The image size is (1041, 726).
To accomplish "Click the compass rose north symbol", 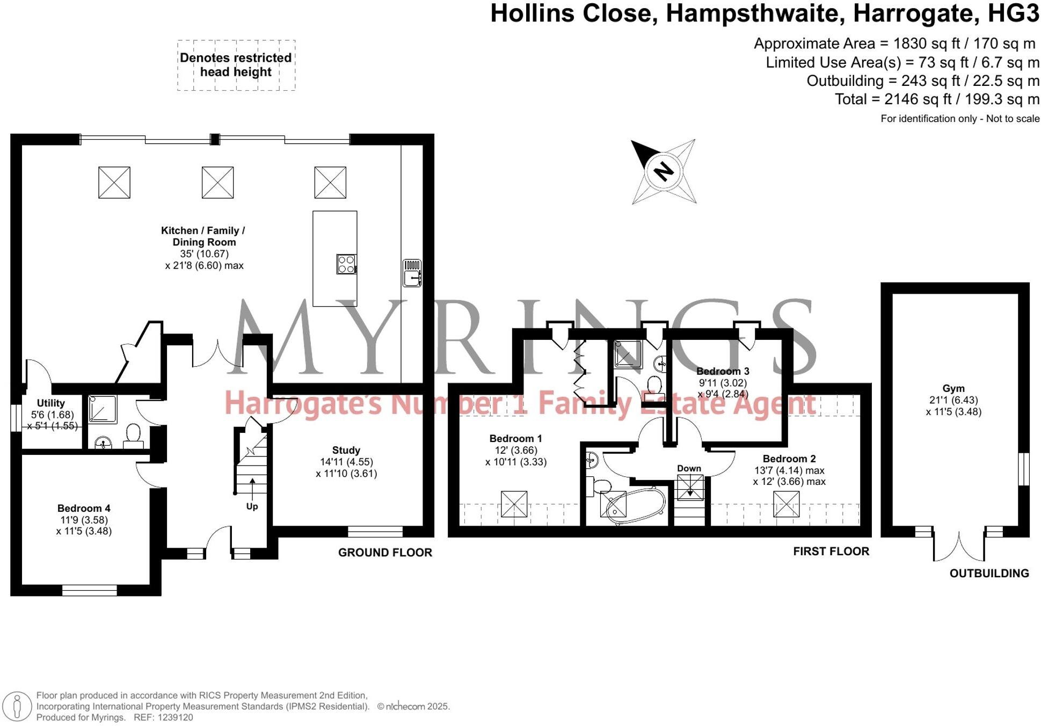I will coord(664,171).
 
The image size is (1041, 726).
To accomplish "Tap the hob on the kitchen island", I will coord(346,264).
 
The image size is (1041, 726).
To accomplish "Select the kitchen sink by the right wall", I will coord(412,273).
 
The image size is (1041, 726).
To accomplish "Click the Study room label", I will coord(346,450).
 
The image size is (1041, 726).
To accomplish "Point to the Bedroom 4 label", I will coord(84,508).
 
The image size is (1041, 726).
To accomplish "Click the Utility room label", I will coord(50,403).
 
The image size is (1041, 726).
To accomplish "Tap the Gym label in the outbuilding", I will coord(953,388).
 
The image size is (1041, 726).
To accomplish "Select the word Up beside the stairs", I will coord(252,506).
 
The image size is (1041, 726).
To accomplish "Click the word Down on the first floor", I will coord(689,468).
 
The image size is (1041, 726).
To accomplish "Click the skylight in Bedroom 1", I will coord(514,504).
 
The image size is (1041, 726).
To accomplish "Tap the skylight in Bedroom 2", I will coord(786,504).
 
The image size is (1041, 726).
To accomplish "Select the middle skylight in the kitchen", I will coord(217,182).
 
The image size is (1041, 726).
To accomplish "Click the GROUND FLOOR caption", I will coord(385,553).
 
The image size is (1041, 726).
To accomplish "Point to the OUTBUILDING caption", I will coord(989,573).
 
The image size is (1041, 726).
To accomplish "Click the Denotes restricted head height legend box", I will coord(236,65).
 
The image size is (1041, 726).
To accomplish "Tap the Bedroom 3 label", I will coord(723,371).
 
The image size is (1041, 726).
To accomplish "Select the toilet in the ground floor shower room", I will coord(133,435).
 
